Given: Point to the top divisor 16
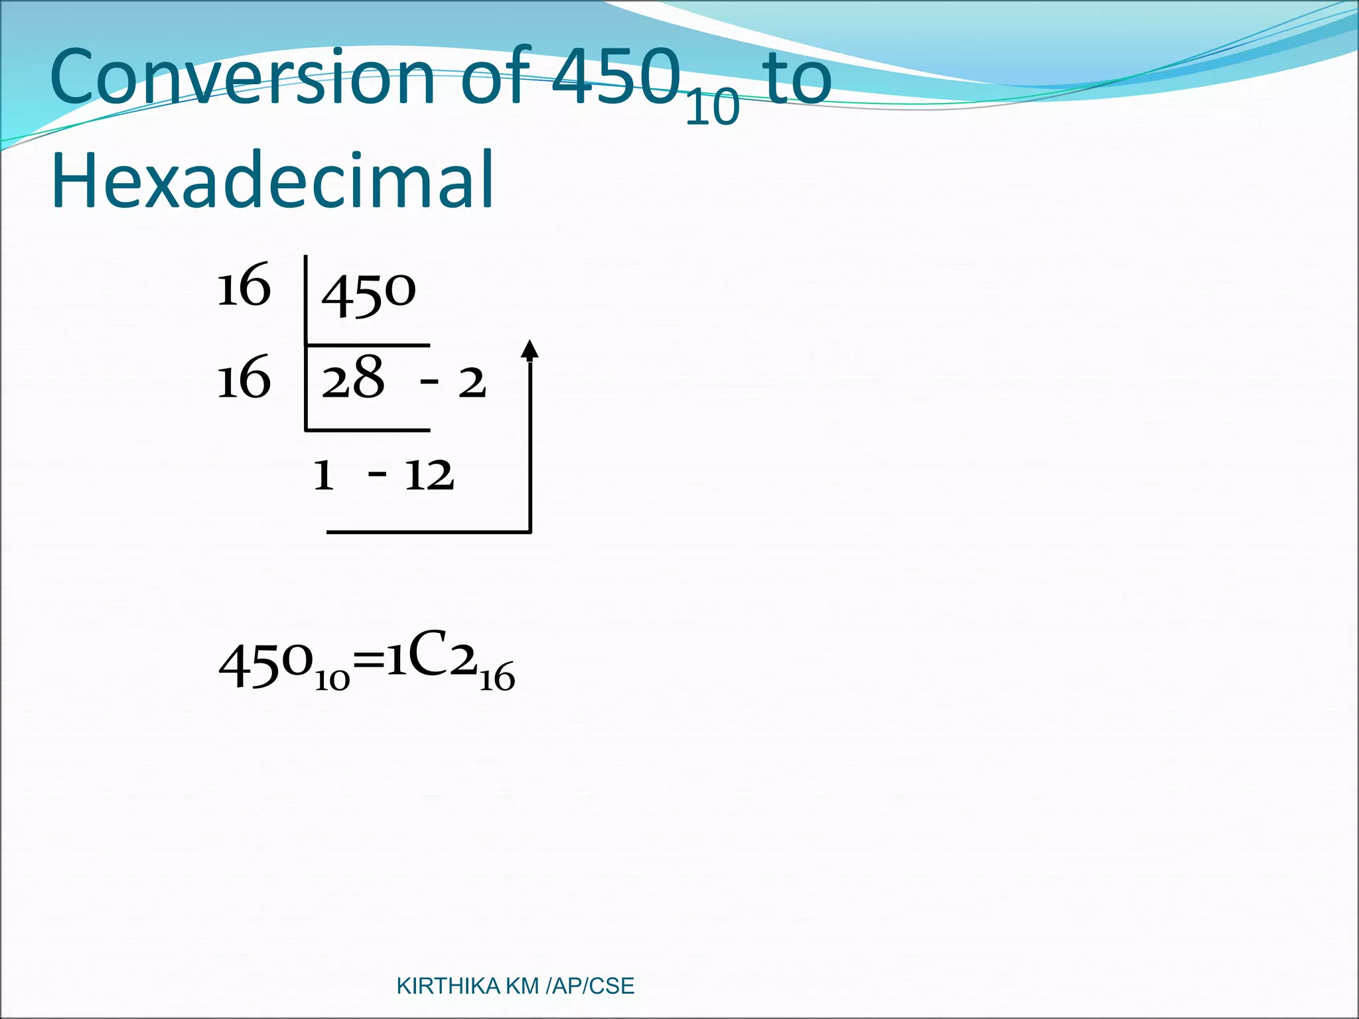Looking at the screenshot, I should [x=244, y=286].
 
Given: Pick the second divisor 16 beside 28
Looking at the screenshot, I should [x=244, y=378].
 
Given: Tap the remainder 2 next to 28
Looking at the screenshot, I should [x=472, y=383].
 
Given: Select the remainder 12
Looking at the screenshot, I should [x=429, y=475].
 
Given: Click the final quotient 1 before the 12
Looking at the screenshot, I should [x=323, y=475].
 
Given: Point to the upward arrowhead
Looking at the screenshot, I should [x=530, y=349].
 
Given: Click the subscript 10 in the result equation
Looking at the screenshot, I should [x=332, y=681].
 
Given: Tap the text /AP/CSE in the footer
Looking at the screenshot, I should [x=589, y=986].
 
